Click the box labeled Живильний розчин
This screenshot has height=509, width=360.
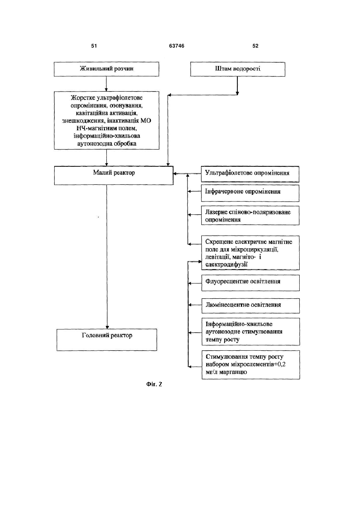pos(106,69)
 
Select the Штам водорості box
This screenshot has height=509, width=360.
pos(238,69)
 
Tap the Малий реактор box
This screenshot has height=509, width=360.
pos(114,176)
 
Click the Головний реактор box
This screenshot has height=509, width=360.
pos(107,340)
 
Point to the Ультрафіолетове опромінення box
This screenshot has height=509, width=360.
pos(250,174)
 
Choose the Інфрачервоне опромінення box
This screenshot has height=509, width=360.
pos(250,193)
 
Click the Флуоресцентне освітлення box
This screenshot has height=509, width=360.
pos(251,283)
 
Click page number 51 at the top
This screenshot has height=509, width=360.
pos(94,46)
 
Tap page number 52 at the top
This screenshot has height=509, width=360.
pos(255,46)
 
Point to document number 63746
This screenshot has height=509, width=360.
pos(177,46)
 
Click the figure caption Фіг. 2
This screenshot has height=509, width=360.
pos(154,384)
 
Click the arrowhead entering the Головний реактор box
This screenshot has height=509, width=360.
pos(107,327)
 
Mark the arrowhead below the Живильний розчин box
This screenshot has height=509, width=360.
pos(106,90)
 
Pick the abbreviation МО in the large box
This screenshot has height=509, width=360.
pos(146,121)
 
